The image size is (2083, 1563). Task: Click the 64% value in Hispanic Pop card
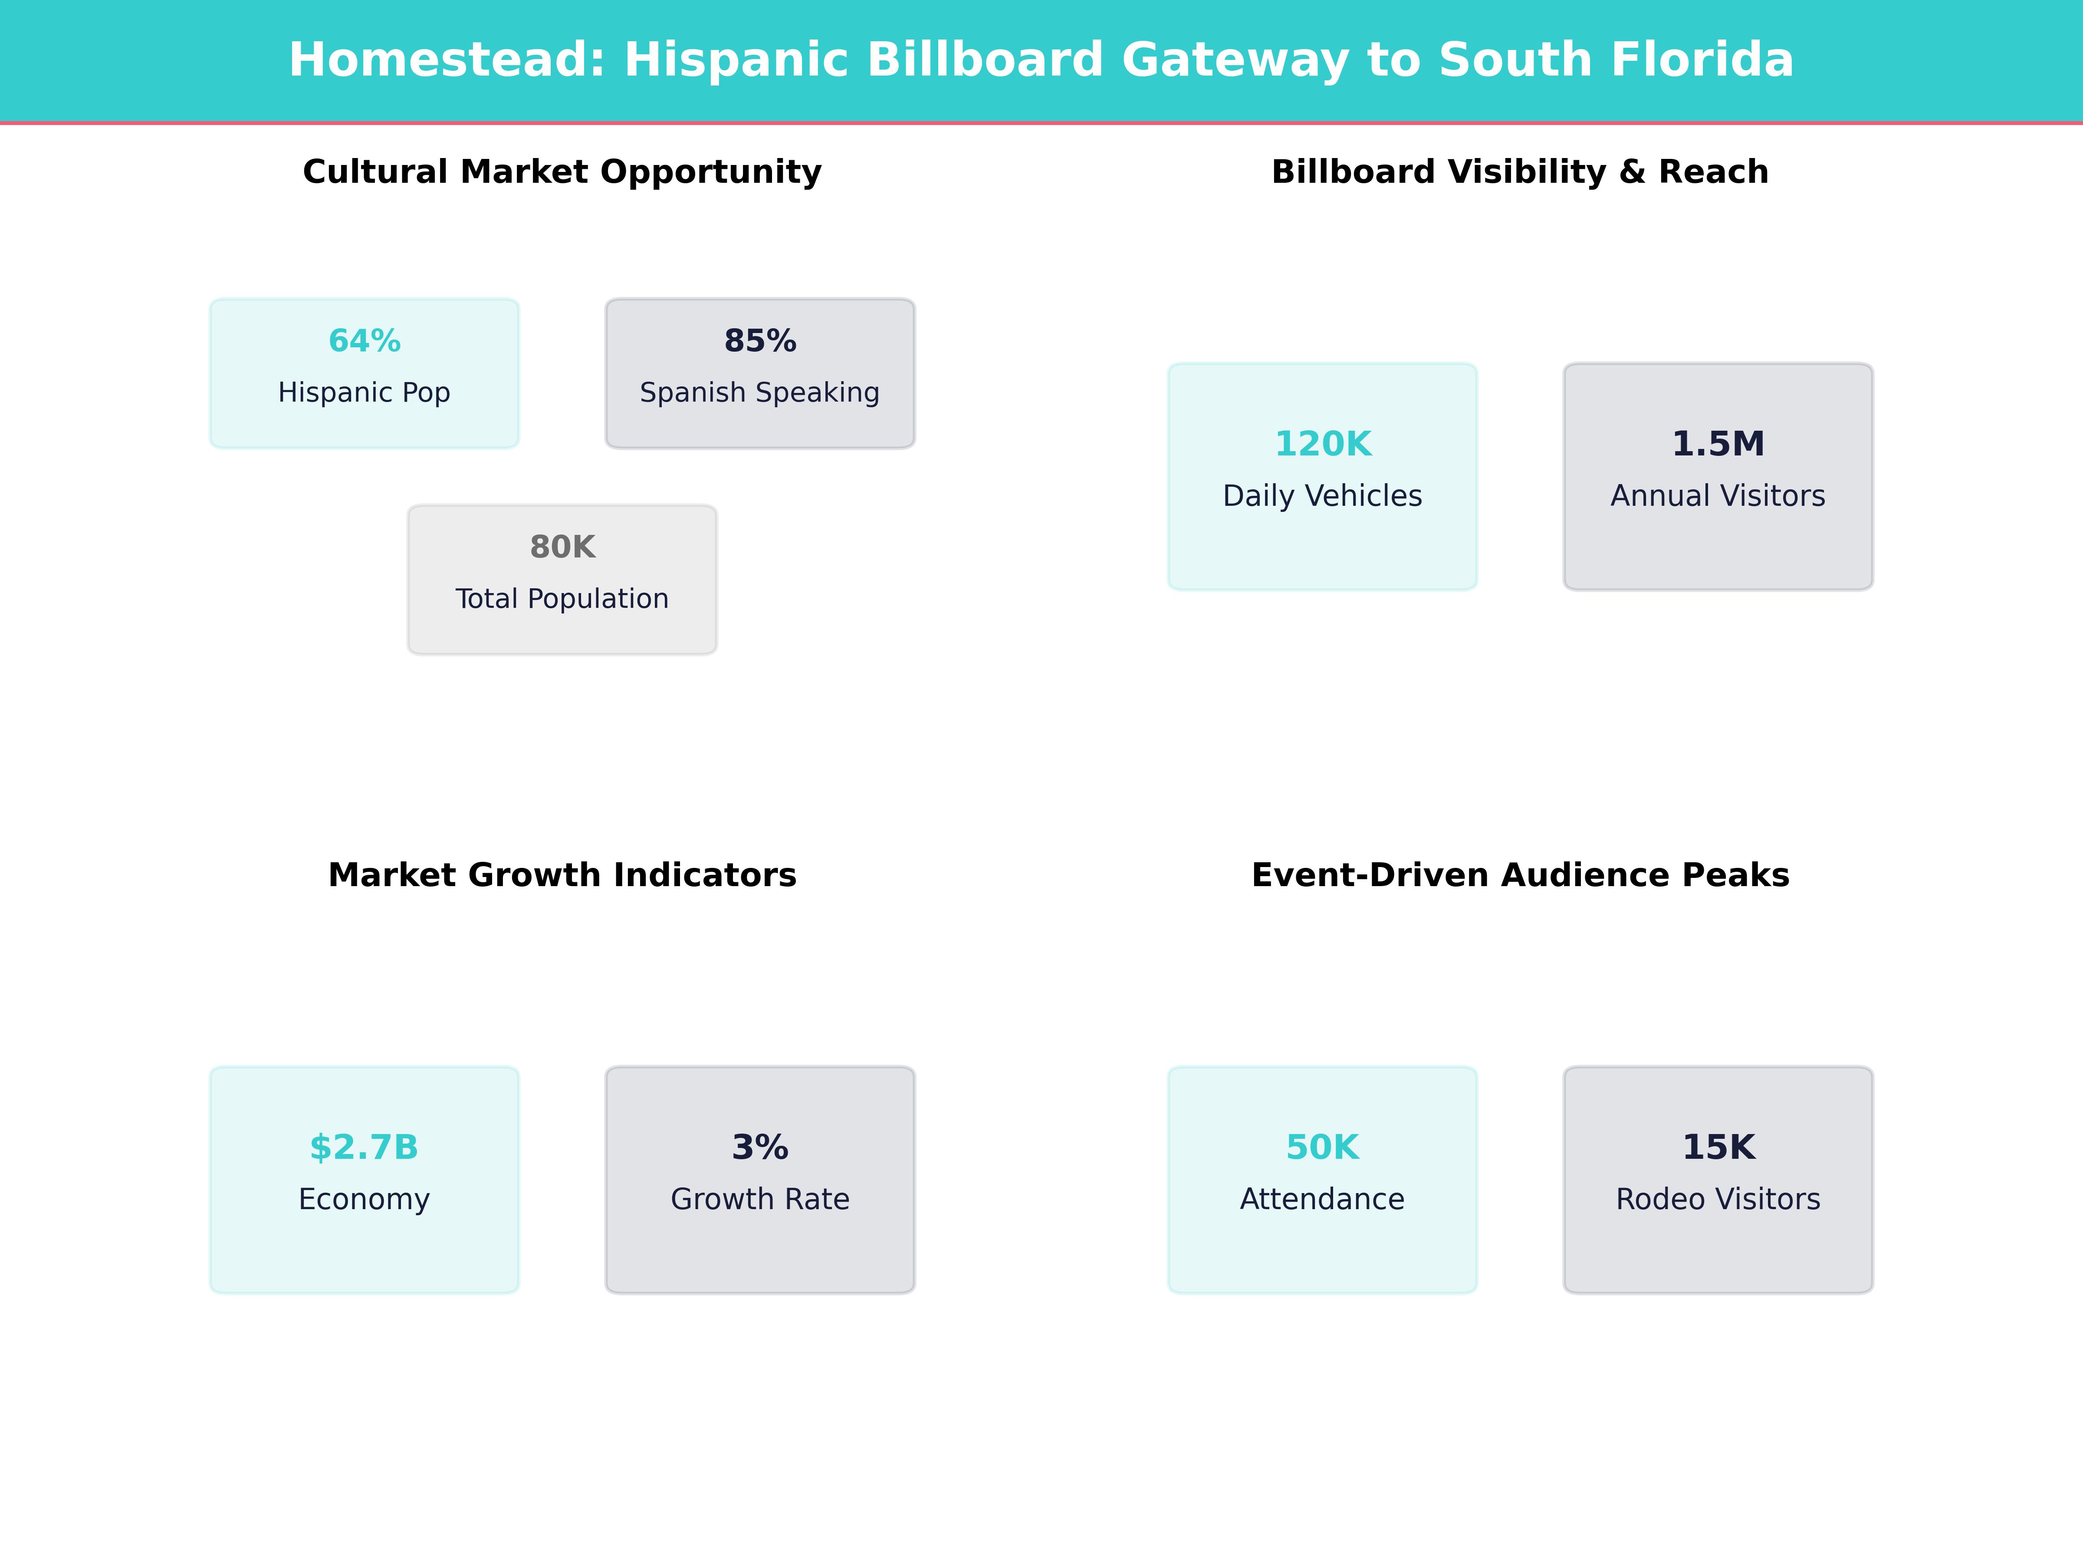(x=365, y=341)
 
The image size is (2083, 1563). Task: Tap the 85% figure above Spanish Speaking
(x=760, y=341)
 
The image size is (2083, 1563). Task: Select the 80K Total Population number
(x=562, y=547)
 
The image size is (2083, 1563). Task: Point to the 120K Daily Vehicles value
(x=1322, y=444)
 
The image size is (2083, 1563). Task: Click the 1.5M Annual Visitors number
(x=1718, y=444)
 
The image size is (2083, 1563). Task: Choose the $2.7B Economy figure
(x=365, y=1148)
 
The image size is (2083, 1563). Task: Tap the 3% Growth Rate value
(x=760, y=1148)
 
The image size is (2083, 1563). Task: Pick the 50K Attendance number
(x=1322, y=1148)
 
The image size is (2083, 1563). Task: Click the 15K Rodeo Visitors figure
(x=1718, y=1148)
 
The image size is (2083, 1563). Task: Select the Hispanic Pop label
(x=365, y=393)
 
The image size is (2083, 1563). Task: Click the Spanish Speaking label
(x=760, y=393)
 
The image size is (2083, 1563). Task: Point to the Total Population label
(x=562, y=599)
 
